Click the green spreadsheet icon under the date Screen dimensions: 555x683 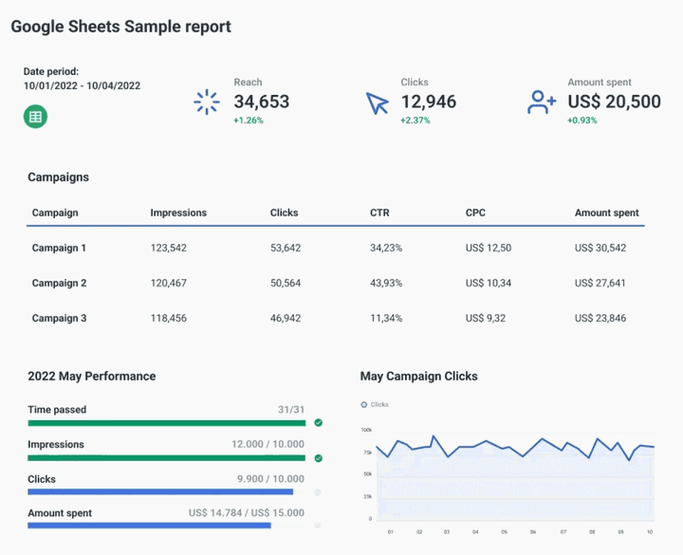click(35, 117)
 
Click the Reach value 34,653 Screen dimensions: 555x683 click(262, 102)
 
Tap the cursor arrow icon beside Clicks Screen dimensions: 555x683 click(378, 102)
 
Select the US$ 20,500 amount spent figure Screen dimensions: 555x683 click(614, 102)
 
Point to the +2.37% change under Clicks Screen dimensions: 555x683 click(415, 120)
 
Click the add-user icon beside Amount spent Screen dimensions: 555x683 click(543, 102)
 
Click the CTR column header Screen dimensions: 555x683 click(379, 213)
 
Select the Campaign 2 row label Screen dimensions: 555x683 click(59, 283)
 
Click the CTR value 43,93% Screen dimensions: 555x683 click(386, 283)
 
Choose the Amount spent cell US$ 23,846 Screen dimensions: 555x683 click(600, 318)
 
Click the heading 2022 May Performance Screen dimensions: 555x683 click(92, 377)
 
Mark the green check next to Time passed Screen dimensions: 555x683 click(319, 423)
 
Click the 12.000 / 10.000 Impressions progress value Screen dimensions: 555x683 click(268, 445)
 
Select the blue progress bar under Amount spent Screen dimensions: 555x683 click(150, 526)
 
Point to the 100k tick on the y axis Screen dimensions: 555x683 click(366, 430)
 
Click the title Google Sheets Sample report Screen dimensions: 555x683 click(120, 27)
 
